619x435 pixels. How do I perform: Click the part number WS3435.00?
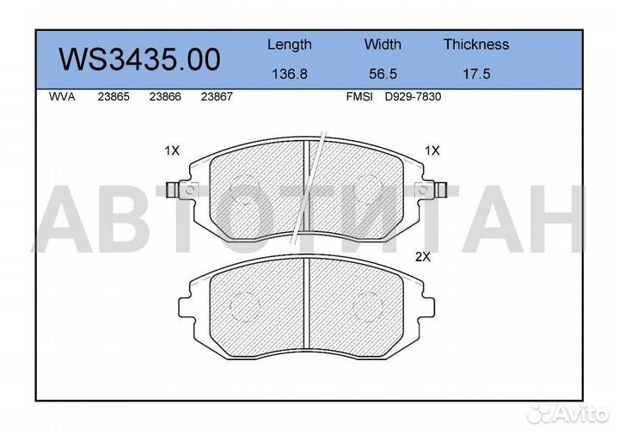(139, 59)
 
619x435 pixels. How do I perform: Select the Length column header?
(290, 45)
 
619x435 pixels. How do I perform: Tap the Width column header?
(383, 44)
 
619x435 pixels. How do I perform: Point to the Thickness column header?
(476, 44)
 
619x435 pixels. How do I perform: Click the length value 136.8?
(290, 74)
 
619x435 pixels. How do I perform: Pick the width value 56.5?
(383, 74)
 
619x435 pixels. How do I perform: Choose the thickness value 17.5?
(476, 74)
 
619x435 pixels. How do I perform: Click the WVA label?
(62, 96)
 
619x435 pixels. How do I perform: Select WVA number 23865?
(113, 96)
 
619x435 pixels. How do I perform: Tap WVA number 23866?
(165, 96)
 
